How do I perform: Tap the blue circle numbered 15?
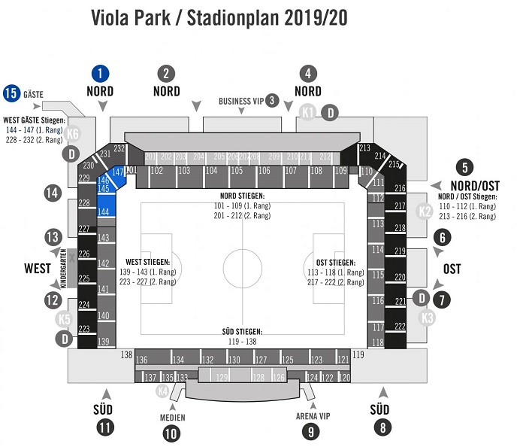11,93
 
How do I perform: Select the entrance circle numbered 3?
273,99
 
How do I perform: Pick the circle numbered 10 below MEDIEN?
172,433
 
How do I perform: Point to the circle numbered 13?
52,237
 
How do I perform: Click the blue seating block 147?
116,172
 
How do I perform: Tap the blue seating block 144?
104,213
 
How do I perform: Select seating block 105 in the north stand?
237,172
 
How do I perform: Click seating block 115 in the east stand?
377,275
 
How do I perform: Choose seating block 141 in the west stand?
104,289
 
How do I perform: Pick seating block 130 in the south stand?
234,360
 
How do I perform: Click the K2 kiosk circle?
425,212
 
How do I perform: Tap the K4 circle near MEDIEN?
162,391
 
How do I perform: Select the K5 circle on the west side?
65,319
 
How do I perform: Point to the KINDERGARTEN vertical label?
74,263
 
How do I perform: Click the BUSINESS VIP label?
240,100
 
